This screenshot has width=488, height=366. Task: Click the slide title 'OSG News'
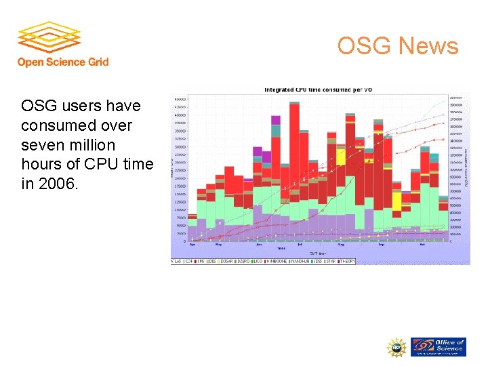398,46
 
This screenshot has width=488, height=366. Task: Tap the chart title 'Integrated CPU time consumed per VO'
318,89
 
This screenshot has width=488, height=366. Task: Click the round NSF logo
396,347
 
